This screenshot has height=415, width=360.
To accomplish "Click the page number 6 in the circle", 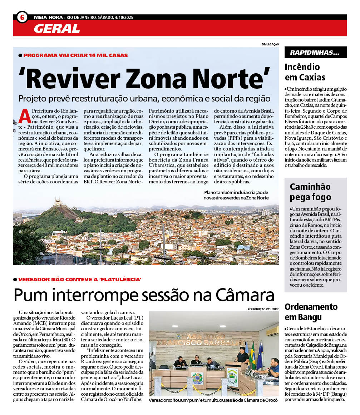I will pyautogui.click(x=22, y=17).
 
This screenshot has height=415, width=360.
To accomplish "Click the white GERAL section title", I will pyautogui.click(x=57, y=28).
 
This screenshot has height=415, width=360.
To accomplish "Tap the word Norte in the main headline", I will pyautogui.click(x=229, y=78).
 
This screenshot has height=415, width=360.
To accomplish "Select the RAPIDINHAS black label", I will pyautogui.click(x=315, y=53).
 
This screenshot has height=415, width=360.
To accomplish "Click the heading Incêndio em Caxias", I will pyautogui.click(x=305, y=72).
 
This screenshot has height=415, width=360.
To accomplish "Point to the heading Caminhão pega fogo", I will pyautogui.click(x=310, y=192).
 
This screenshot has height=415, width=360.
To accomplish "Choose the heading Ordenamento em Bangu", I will pyautogui.click(x=311, y=312).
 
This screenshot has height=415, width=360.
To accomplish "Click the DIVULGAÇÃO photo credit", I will pyautogui.click(x=270, y=44).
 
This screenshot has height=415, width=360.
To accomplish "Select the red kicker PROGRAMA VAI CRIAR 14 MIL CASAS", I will pyautogui.click(x=75, y=55).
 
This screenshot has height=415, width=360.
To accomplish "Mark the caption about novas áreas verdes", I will pyautogui.click(x=236, y=195).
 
